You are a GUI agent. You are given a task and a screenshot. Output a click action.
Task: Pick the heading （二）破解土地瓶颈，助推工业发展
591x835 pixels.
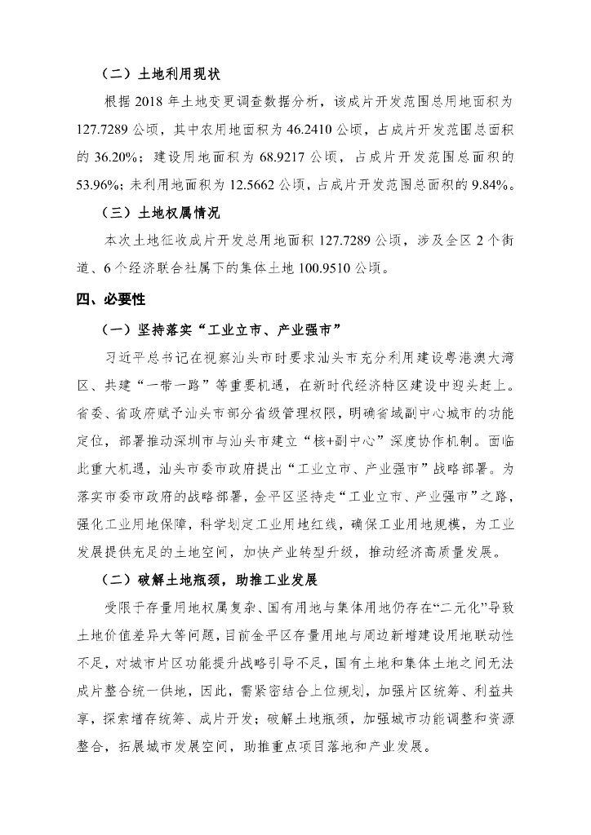(x=207, y=582)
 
